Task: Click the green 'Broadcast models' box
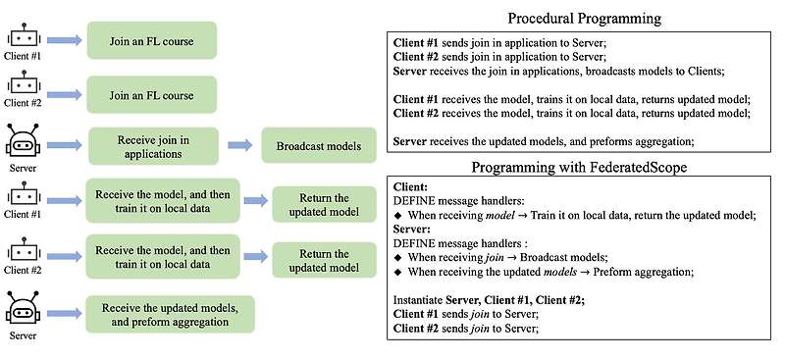pyautogui.click(x=318, y=146)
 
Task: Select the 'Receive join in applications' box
pyautogui.click(x=151, y=146)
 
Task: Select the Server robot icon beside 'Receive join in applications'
pyautogui.click(x=23, y=139)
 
